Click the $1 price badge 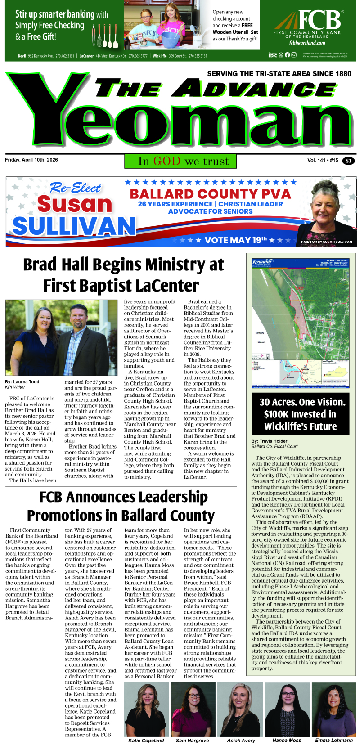tap(348, 161)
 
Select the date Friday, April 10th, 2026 tap(31, 160)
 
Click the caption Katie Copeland tap(146, 740)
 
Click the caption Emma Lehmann tap(334, 740)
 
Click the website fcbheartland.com tap(307, 43)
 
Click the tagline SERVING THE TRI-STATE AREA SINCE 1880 tap(279, 74)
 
